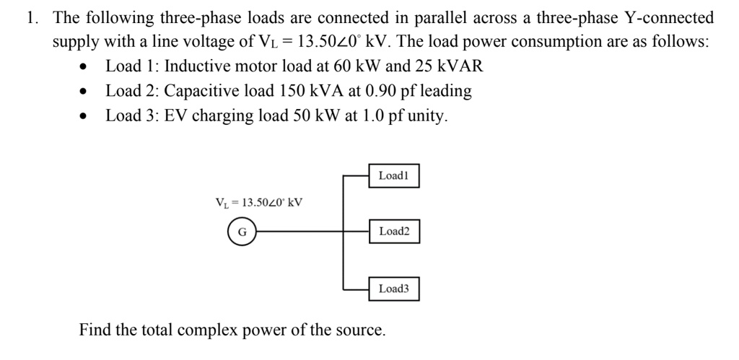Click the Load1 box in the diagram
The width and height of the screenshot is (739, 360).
(x=393, y=175)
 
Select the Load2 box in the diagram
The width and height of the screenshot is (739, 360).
(x=393, y=232)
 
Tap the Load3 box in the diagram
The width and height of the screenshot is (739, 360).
(x=393, y=289)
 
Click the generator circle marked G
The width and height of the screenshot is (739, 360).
(x=242, y=232)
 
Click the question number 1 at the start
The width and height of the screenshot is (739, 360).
(x=31, y=18)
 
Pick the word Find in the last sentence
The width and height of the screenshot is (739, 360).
(x=95, y=330)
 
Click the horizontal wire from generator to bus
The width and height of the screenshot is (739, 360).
(x=296, y=232)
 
